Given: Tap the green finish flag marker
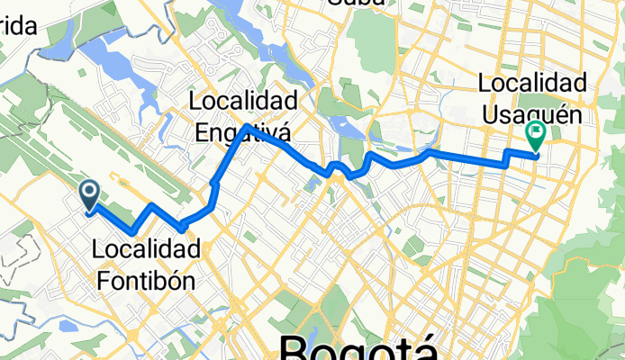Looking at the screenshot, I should pos(535,136).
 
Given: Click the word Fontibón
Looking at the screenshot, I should pos(144,279).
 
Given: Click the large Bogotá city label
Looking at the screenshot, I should pos(360,346).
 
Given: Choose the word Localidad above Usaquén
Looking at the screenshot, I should pos(533,83).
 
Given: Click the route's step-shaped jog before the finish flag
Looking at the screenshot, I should pos(507,157).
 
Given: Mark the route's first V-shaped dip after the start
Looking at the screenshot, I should pos(134,234).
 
